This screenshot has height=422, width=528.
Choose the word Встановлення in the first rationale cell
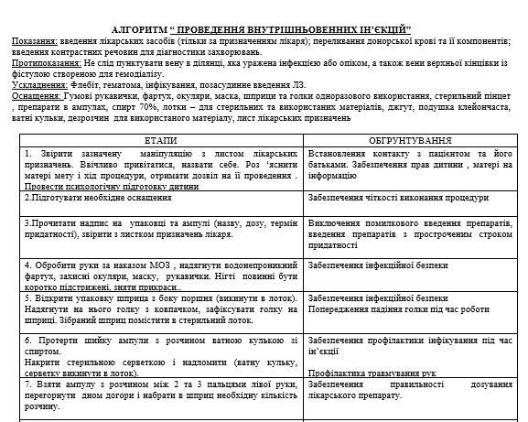click(x=338, y=152)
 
